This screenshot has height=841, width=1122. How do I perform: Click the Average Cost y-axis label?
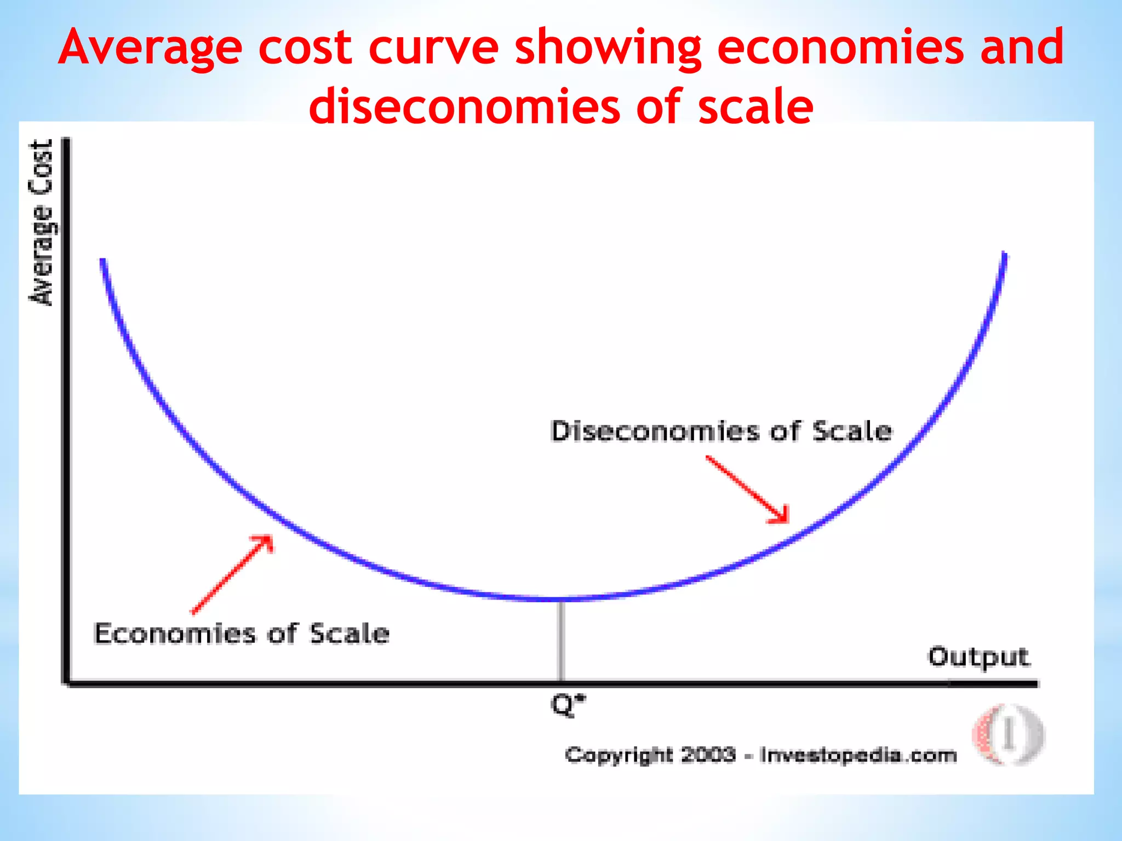(x=42, y=222)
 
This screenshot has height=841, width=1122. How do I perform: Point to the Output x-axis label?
(x=978, y=657)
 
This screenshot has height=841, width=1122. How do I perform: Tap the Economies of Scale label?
(x=242, y=634)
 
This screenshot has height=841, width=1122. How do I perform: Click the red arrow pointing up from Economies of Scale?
(x=232, y=575)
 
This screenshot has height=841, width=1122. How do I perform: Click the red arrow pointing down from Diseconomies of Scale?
(x=748, y=489)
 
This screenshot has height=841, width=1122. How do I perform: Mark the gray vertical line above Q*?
(x=560, y=641)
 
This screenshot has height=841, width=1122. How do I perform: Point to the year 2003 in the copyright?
(x=708, y=755)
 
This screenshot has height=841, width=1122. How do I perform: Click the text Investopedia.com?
(x=858, y=756)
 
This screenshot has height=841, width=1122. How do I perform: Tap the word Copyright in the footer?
(x=619, y=756)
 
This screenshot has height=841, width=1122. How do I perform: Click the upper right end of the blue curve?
(x=1004, y=255)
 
